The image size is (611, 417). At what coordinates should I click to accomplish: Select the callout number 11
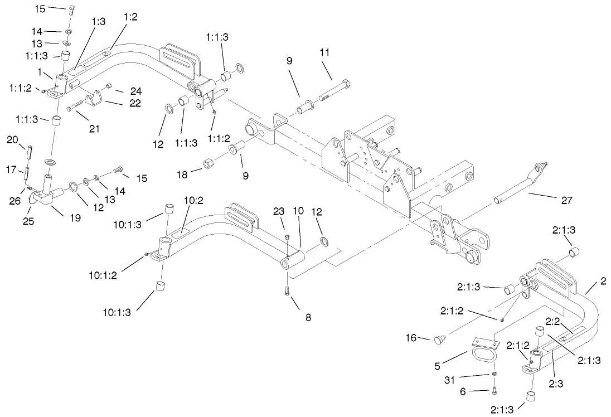pos(325,52)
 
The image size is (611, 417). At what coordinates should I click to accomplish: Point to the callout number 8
pos(308,317)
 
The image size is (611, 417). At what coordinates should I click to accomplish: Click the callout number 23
pos(279,211)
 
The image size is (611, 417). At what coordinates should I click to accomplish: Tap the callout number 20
pos(13,140)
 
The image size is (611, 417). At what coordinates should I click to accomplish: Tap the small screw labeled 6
pos(494,390)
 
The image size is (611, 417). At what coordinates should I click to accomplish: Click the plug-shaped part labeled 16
pos(440,338)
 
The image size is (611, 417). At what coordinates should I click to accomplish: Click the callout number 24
pos(136,91)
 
